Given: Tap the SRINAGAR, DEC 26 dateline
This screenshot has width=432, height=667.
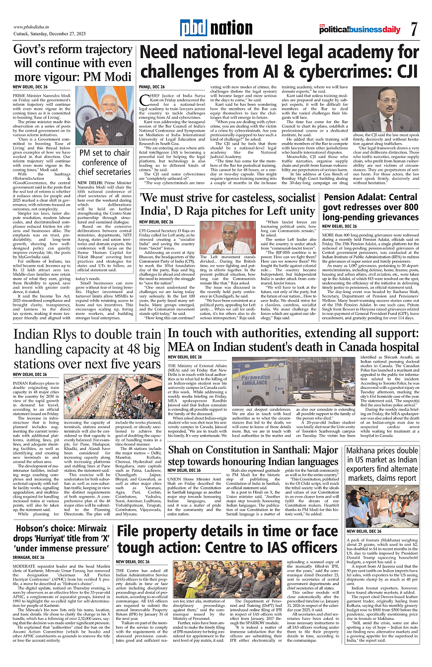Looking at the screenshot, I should point(30,558).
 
